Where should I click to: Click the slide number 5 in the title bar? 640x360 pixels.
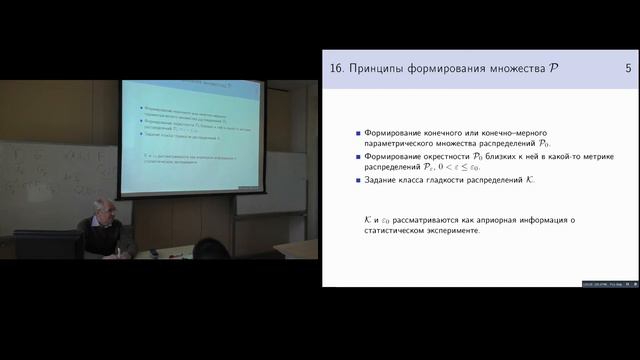pos(627,68)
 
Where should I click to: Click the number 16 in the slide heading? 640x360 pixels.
pos(336,68)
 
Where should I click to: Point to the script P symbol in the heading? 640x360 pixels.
pos(553,68)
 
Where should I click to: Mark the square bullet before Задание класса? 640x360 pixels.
pos(358,181)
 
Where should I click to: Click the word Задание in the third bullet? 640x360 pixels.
pos(386,181)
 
